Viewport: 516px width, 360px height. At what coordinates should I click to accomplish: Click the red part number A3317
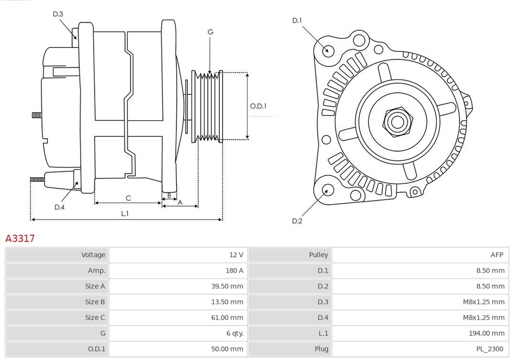point(20,238)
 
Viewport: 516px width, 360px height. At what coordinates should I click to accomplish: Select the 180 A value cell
point(234,270)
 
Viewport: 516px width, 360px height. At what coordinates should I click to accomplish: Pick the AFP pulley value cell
point(496,255)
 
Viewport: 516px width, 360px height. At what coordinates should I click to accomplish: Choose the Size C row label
point(95,317)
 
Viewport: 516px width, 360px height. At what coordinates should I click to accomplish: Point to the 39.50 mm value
point(227,286)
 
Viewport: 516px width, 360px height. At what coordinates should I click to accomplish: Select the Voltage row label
point(93,255)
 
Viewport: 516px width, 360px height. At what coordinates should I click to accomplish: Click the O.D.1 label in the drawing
point(258,106)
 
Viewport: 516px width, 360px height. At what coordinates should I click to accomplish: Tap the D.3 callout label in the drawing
point(58,14)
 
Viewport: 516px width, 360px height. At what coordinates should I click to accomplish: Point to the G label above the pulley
point(210,32)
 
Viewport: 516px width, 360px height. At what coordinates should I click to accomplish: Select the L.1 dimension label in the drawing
point(125,213)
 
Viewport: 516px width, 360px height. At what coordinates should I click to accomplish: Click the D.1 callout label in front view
point(297,21)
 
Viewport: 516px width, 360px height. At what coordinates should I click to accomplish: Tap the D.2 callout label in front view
point(297,221)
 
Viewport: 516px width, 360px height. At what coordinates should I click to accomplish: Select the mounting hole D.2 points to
point(327,190)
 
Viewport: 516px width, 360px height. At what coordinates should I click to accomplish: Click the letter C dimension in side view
point(128,198)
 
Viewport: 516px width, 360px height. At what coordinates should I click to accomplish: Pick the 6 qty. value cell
point(235,333)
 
